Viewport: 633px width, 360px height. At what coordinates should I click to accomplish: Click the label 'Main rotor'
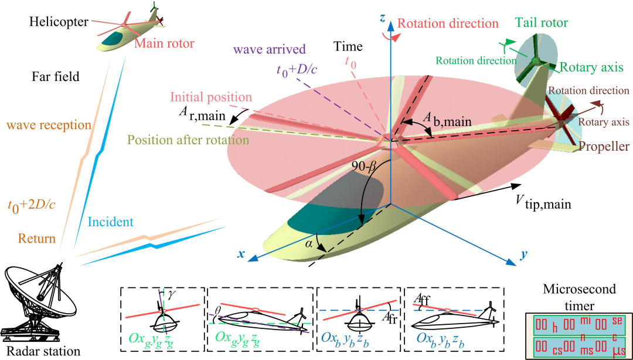(x=164, y=43)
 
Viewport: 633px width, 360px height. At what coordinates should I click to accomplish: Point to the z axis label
(x=382, y=18)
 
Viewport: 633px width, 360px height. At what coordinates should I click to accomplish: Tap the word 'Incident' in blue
(x=111, y=222)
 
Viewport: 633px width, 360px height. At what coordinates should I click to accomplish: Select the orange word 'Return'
(x=36, y=239)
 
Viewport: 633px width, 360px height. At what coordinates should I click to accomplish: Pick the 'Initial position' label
(x=212, y=97)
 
